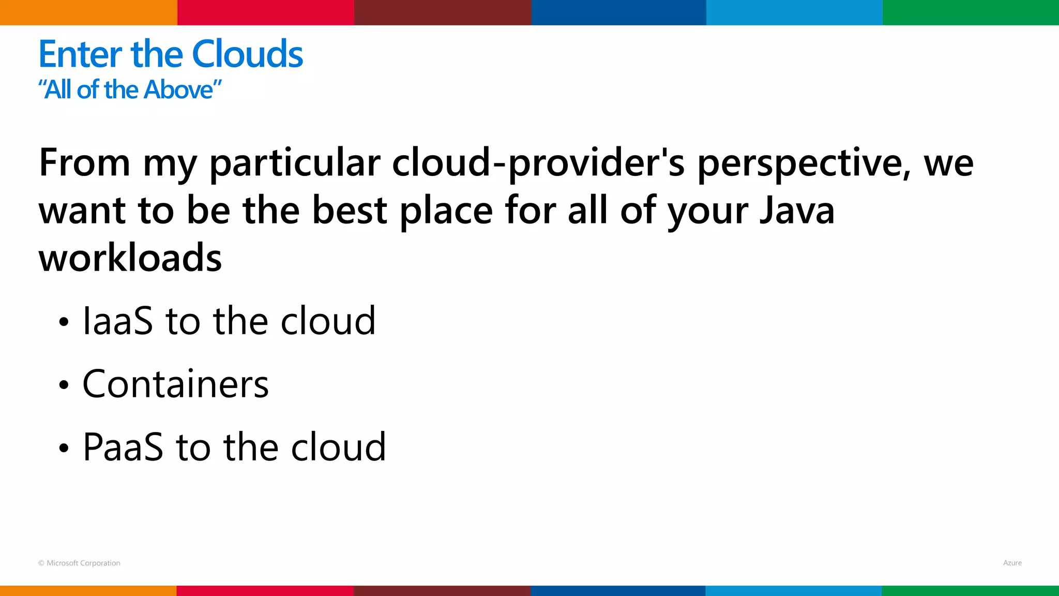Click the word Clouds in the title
pos(247,54)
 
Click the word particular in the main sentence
pos(295,163)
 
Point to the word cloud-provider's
pos(538,163)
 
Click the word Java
pos(796,211)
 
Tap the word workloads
pos(130,258)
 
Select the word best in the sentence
pos(350,211)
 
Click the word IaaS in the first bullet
pos(118,321)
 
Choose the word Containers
pos(176,384)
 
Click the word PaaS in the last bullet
pos(123,447)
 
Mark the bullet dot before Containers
pos(64,385)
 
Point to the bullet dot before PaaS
pos(64,448)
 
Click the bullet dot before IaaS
pos(64,322)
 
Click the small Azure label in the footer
pos(1012,563)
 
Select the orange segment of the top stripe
pos(88,12)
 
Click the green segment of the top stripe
pos(971,12)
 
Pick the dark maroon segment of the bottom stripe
pos(442,591)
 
